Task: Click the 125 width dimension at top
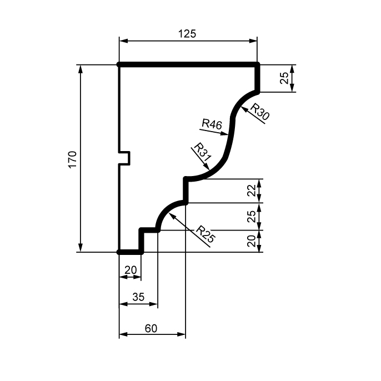coord(187,34)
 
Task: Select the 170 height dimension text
coord(73,159)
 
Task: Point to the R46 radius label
coord(212,124)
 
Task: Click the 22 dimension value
coord(252,191)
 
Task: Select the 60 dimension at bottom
coord(151,328)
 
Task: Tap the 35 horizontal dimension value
coord(138,297)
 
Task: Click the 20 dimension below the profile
coord(130,270)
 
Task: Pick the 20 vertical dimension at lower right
coord(252,241)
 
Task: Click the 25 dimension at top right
coord(284,78)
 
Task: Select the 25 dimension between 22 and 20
coord(252,216)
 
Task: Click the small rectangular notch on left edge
coord(126,158)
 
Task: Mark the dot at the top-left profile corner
coord(119,65)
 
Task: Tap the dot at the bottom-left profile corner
coord(119,252)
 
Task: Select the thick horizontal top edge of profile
coord(189,65)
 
